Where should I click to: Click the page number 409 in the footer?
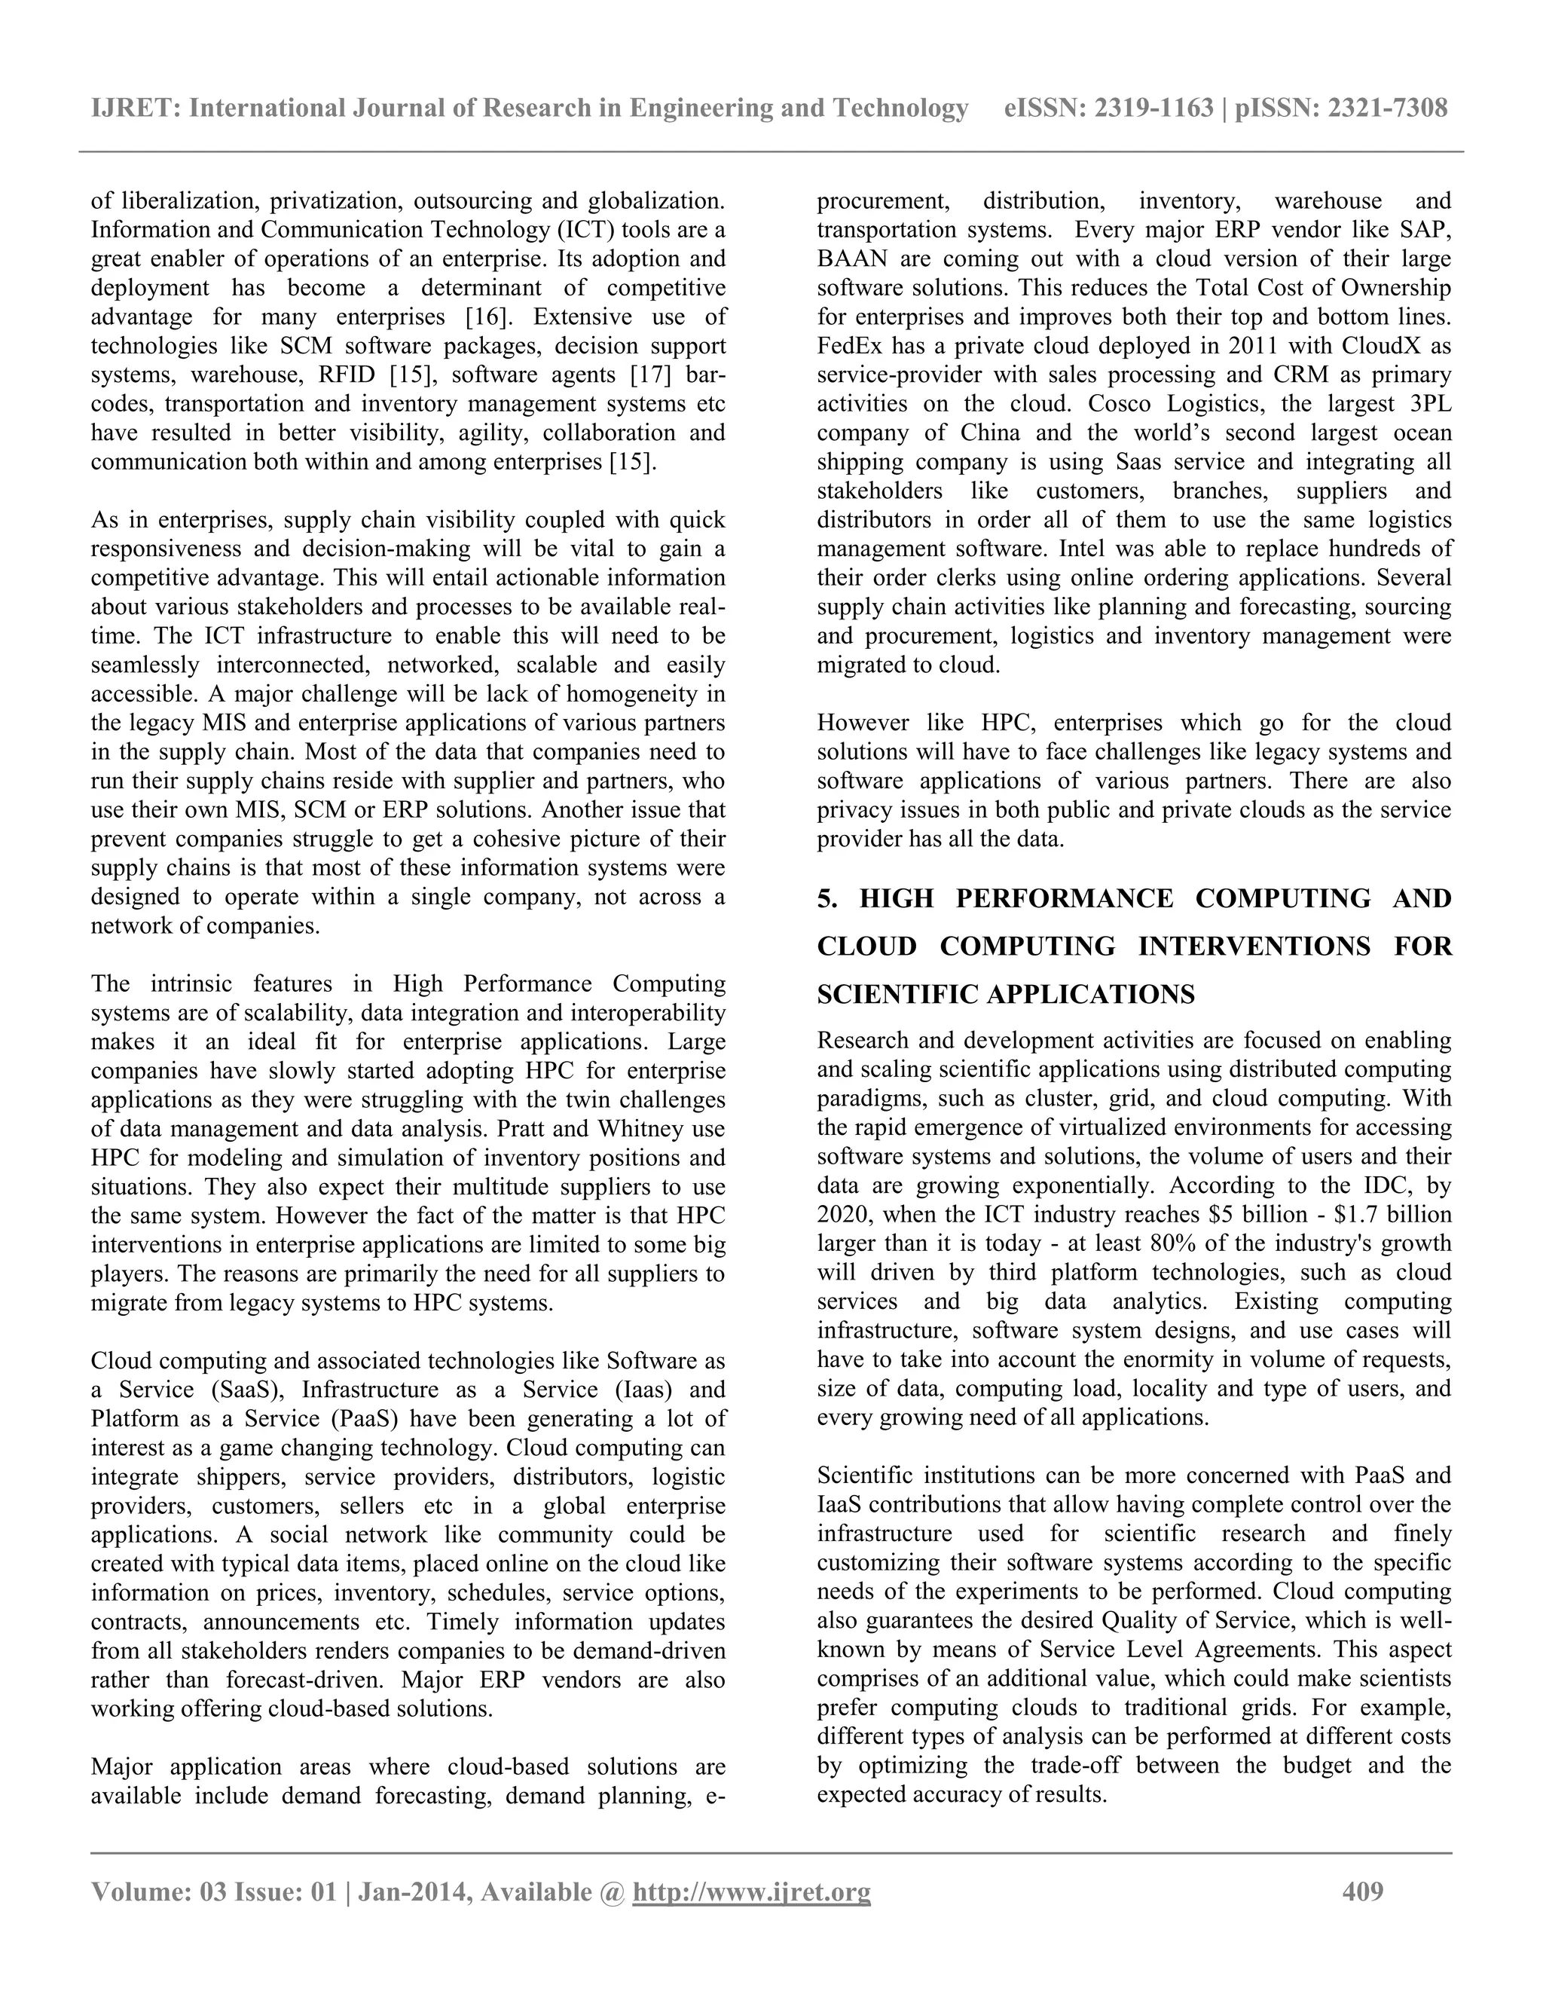coord(1362,1891)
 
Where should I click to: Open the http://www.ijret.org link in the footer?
coord(751,1891)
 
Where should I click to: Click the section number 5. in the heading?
coord(827,899)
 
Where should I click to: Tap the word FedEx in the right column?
coord(846,347)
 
